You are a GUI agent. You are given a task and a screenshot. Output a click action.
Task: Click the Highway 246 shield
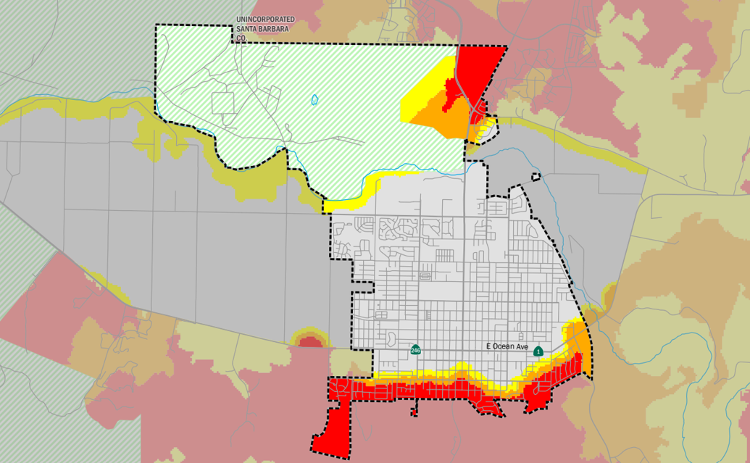click(415, 350)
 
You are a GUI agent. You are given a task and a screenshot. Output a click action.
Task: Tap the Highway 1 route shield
click(538, 351)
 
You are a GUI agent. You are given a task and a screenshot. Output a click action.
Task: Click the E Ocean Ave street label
click(506, 347)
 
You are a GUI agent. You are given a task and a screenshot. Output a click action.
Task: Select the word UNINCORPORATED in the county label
click(265, 20)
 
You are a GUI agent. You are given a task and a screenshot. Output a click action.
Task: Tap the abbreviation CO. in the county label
click(241, 37)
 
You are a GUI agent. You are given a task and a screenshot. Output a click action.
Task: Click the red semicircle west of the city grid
click(309, 341)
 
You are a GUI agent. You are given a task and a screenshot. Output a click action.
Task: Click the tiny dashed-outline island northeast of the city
click(536, 176)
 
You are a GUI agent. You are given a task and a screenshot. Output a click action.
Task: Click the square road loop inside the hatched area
click(223, 103)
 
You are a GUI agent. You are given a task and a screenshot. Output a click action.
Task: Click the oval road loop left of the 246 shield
click(391, 339)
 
